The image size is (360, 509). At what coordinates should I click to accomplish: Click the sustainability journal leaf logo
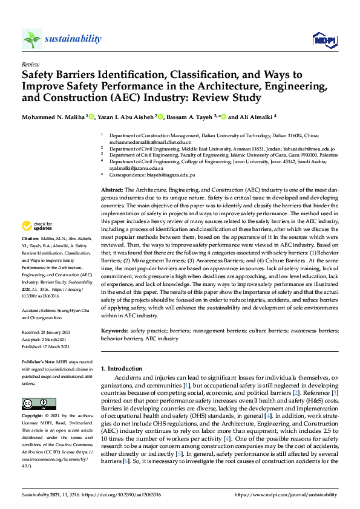point(31,39)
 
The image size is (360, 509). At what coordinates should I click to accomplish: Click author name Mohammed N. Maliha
point(54,116)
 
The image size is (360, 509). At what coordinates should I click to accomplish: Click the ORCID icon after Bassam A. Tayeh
point(223,116)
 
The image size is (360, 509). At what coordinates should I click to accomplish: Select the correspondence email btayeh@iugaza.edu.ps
point(170,175)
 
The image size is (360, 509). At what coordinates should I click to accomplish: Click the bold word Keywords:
point(114,331)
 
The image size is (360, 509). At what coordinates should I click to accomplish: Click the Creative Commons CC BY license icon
point(35,403)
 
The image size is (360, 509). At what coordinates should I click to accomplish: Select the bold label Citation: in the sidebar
point(30,256)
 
